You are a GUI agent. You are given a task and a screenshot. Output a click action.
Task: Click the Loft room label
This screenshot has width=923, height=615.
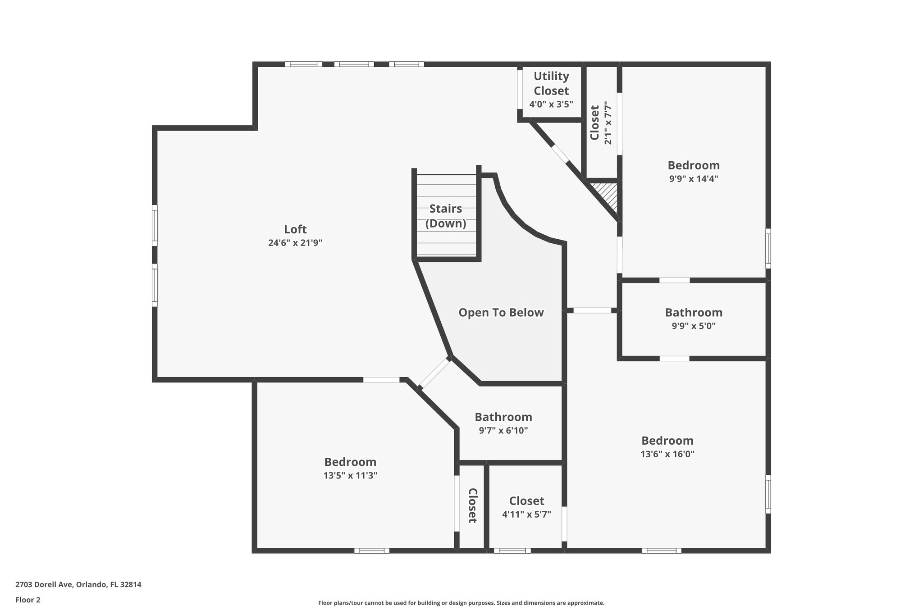295,229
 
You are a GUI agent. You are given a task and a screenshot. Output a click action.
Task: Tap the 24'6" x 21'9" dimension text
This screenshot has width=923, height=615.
295,243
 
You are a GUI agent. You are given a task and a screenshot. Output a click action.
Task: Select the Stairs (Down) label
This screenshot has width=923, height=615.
446,216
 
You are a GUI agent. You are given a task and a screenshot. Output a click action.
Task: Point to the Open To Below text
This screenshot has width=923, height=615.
501,313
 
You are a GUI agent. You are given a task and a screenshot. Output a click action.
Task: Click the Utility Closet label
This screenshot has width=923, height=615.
551,83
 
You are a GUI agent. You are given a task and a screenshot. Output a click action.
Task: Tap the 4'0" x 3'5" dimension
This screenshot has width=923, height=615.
551,105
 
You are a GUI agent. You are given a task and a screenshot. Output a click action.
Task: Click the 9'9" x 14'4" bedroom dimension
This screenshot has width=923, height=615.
693,179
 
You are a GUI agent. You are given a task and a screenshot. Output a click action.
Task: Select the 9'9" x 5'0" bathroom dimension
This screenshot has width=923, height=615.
693,326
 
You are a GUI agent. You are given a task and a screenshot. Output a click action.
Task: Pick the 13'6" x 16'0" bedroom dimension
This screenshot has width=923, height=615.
667,454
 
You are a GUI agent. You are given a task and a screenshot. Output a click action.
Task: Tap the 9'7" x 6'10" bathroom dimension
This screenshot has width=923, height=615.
503,430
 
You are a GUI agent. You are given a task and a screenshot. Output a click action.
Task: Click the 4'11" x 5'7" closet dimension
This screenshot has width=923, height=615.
526,514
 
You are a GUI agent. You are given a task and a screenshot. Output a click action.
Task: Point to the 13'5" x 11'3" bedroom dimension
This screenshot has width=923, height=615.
350,475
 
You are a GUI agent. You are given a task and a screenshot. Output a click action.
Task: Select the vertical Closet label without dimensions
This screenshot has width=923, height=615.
472,506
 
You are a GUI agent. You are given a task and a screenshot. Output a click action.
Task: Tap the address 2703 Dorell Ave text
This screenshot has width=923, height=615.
78,585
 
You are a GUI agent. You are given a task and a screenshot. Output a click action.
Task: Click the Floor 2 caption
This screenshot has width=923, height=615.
28,600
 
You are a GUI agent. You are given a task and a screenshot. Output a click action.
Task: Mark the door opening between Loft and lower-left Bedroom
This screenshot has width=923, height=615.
381,380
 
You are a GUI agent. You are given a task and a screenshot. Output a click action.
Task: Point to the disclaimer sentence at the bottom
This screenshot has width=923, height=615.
461,603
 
